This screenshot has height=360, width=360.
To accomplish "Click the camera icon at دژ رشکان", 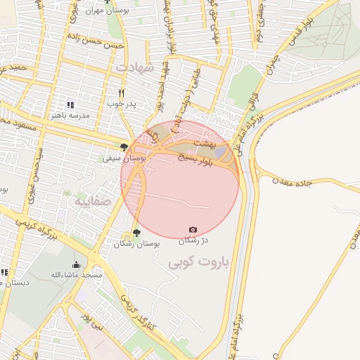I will pyautogui.click(x=193, y=229).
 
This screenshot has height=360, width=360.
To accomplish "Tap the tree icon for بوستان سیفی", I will pyautogui.click(x=124, y=147).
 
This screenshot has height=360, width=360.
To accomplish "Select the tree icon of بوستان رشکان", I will pyautogui.click(x=136, y=233).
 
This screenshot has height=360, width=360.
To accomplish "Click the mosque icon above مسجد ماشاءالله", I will pyautogui.click(x=76, y=264).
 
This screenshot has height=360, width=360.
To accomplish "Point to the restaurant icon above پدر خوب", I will pyautogui.click(x=122, y=93).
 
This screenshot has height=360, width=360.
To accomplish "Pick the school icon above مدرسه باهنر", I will pyautogui.click(x=70, y=104).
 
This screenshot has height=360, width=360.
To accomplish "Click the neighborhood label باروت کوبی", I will pyautogui.click(x=198, y=264).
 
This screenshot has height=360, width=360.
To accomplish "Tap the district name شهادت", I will pyautogui.click(x=134, y=67).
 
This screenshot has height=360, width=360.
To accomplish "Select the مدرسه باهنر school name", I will pyautogui.click(x=70, y=115).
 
